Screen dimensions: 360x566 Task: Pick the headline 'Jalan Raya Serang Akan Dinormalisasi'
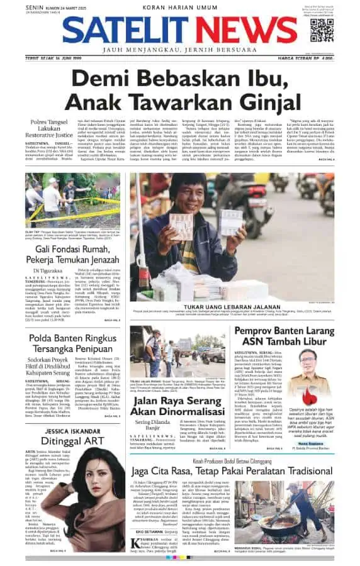tap(177, 401)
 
